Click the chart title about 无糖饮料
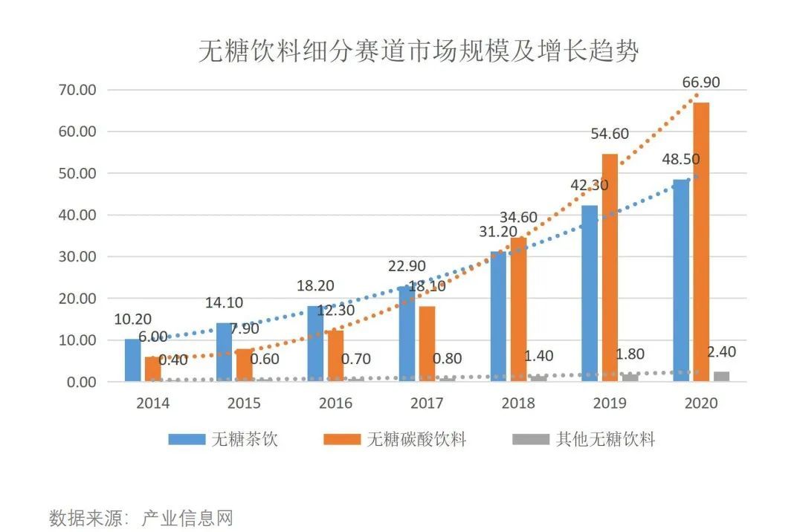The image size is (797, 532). pos(419,51)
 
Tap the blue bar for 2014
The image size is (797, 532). pos(132,360)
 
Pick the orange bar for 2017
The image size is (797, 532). pos(427,344)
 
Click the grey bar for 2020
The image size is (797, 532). pos(721,377)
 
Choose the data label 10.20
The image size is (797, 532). pos(133,320)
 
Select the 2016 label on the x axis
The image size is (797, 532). pos(335,403)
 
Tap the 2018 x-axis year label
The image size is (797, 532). pos(518,403)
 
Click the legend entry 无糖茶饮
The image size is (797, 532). pos(245,439)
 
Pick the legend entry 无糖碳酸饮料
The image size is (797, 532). pos(416,439)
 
